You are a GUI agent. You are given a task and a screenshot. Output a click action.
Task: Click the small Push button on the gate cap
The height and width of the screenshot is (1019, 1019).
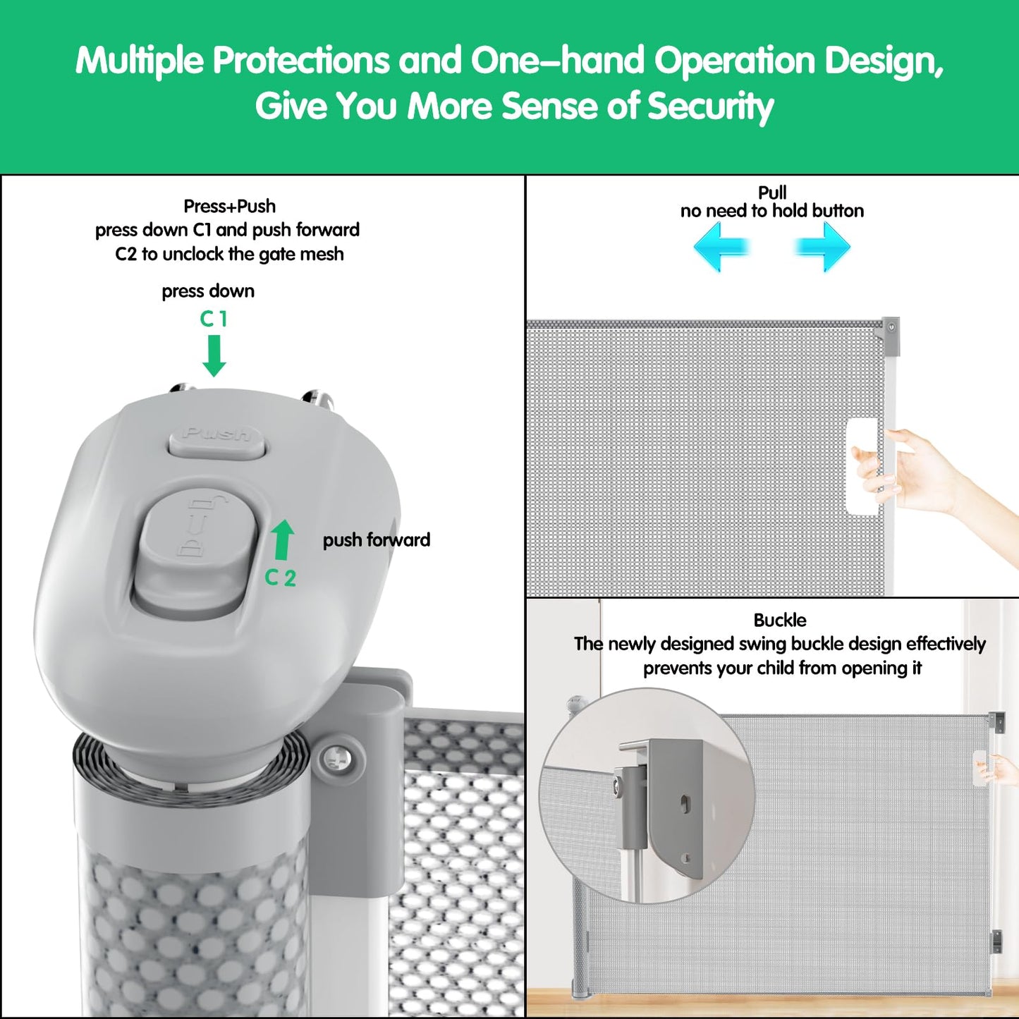coord(216,439)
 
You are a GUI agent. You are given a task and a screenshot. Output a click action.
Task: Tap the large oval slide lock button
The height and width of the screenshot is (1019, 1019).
coord(195,554)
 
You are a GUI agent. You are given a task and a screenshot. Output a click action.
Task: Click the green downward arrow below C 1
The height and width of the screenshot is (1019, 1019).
coord(214,355)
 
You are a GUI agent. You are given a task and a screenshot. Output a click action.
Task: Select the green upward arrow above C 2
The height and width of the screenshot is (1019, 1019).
coord(283,539)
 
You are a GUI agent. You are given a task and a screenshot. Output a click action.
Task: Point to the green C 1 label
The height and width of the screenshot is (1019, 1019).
coord(214,319)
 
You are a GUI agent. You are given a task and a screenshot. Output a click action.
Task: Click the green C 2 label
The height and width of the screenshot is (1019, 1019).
coord(280,578)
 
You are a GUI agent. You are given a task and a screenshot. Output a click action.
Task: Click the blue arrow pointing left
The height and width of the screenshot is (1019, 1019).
coord(722,246)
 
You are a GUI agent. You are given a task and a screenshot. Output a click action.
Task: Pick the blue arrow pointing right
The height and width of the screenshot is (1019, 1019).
coord(822,246)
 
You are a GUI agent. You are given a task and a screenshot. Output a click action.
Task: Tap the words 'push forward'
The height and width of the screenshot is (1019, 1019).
coord(377,540)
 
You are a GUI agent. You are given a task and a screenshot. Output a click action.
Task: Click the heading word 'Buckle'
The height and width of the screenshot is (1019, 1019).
coord(780,620)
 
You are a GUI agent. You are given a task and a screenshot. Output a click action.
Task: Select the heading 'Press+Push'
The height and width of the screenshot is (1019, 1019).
coord(229,206)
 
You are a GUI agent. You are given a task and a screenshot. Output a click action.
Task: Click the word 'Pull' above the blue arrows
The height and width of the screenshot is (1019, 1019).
coord(772,192)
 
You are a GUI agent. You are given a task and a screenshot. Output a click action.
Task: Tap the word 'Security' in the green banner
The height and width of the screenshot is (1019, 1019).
coord(710,106)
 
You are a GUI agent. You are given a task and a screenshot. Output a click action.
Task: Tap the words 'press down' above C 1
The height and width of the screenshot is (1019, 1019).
coord(208,291)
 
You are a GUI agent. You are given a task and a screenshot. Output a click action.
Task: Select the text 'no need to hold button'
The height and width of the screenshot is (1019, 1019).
coord(772,211)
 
